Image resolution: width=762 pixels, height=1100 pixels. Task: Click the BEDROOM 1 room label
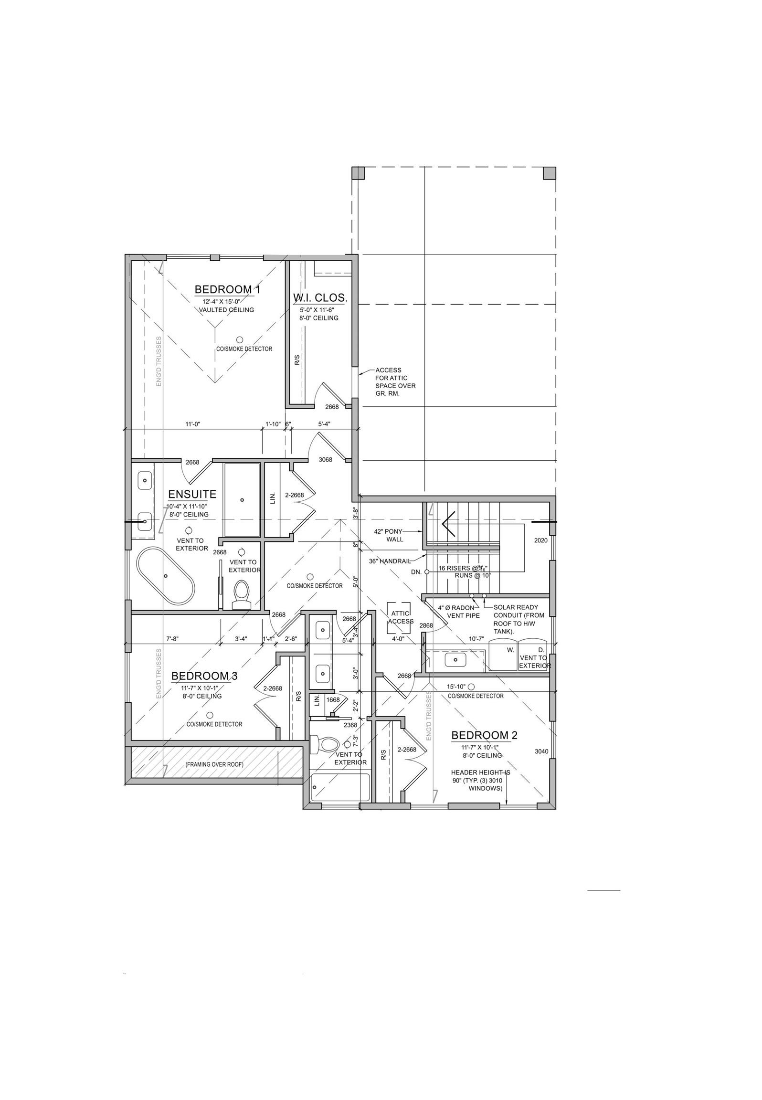tap(227, 289)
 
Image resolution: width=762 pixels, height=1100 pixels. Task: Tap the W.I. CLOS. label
tap(320, 298)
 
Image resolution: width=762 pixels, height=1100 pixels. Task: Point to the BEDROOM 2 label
tap(484, 735)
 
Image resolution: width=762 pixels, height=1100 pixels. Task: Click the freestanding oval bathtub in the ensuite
tap(166, 576)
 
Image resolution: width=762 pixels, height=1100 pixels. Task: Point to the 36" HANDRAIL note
tap(390, 561)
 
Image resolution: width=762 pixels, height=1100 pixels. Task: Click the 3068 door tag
tap(325, 460)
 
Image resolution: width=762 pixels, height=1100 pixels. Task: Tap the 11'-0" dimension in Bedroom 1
tap(192, 424)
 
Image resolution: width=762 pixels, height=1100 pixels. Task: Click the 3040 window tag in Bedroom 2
tap(541, 751)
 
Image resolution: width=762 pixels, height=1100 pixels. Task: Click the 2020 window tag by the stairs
tap(540, 540)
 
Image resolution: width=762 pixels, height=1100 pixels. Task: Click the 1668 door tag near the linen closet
tap(333, 700)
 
